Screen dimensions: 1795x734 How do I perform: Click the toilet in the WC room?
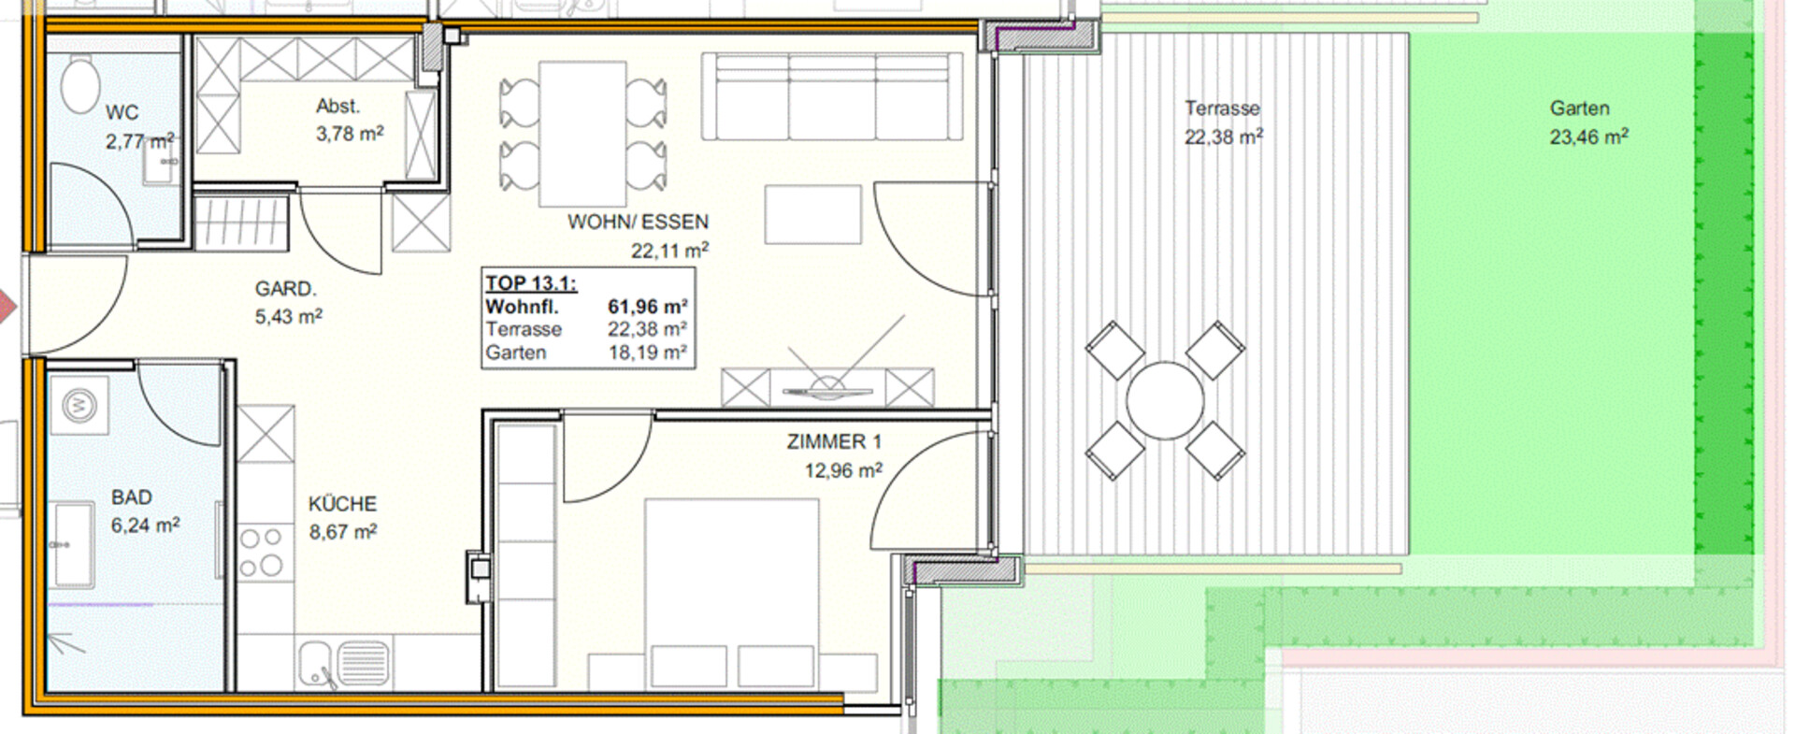click(80, 83)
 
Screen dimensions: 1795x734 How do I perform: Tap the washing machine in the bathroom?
click(79, 406)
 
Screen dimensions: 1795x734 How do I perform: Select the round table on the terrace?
click(1164, 400)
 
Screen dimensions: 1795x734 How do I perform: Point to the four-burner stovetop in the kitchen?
click(262, 552)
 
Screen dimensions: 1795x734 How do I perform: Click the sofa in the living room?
click(832, 96)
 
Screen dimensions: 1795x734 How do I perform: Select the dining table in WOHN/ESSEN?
click(582, 134)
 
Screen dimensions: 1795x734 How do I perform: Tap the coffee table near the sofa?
click(812, 214)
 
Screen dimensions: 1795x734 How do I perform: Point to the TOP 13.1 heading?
click(530, 283)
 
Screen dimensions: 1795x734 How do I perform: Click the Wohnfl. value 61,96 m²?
click(648, 307)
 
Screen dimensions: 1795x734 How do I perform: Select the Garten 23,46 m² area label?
click(1588, 122)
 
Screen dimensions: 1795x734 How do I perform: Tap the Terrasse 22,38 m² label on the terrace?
click(1223, 122)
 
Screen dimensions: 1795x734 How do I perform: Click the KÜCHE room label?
click(342, 504)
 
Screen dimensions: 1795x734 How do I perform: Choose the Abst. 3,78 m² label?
click(349, 120)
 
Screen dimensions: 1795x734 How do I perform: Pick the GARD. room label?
click(286, 289)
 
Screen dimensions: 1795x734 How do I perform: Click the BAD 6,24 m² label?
click(145, 511)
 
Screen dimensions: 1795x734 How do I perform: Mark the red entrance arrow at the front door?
click(7, 307)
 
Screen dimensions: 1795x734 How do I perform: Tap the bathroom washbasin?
click(72, 544)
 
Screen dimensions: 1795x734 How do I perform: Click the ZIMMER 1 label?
click(834, 441)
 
